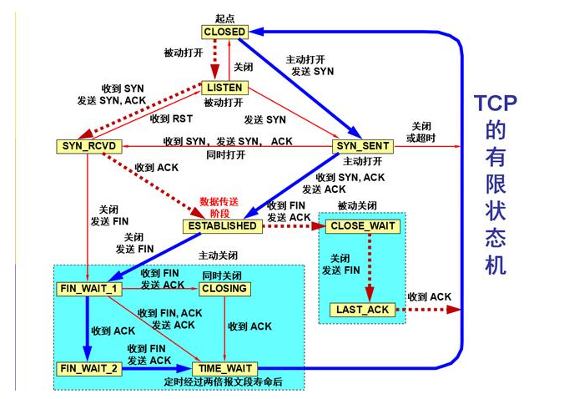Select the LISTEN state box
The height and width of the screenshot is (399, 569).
click(224, 88)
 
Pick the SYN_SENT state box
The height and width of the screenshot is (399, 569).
click(362, 147)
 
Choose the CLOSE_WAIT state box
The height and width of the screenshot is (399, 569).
click(363, 226)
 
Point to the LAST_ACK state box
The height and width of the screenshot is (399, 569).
click(363, 310)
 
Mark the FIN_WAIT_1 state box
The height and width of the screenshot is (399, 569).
click(88, 289)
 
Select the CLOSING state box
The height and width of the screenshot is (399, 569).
click(224, 289)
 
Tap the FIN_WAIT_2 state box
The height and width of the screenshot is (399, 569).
click(88, 368)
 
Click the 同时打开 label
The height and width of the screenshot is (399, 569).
click(224, 154)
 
